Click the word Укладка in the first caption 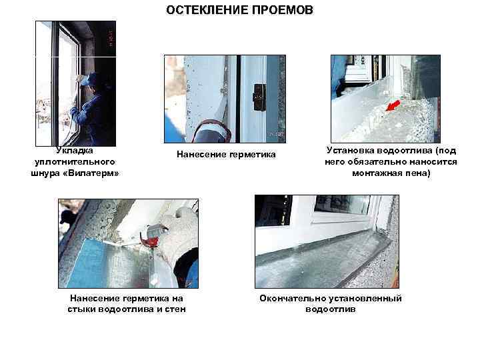75,151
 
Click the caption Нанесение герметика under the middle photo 225,155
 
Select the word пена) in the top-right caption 418,173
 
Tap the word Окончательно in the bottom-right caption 289,298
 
